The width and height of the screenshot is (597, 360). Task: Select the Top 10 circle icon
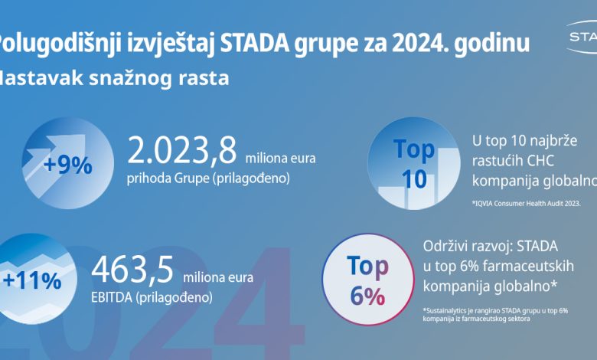coord(413,162)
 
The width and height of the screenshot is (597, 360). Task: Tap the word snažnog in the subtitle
coord(142,78)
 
